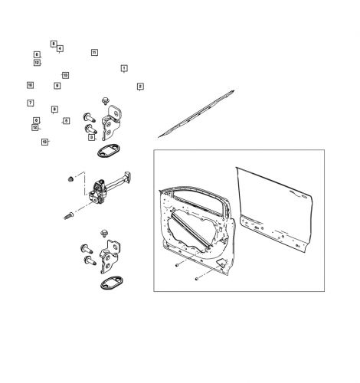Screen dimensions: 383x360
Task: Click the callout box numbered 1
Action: point(124,69)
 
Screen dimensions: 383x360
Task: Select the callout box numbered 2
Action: point(140,87)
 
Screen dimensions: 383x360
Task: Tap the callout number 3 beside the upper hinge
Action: point(91,138)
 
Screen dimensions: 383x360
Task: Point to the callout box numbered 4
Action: point(60,49)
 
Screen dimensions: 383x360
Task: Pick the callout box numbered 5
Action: point(67,120)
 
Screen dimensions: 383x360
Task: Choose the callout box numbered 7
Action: point(31,103)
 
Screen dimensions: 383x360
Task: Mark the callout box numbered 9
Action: point(57,86)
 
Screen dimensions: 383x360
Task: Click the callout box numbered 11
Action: point(94,52)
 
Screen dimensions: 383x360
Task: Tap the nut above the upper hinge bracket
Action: point(105,100)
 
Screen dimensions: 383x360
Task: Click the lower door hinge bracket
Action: point(112,257)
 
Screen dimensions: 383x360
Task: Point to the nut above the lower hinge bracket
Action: point(103,230)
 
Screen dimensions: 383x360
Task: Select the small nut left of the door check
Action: point(70,178)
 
